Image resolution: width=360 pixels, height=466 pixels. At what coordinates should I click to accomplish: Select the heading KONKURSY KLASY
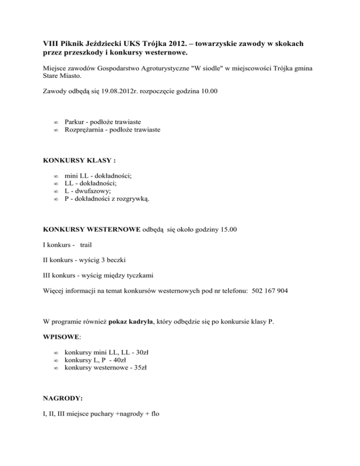(x=79, y=160)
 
